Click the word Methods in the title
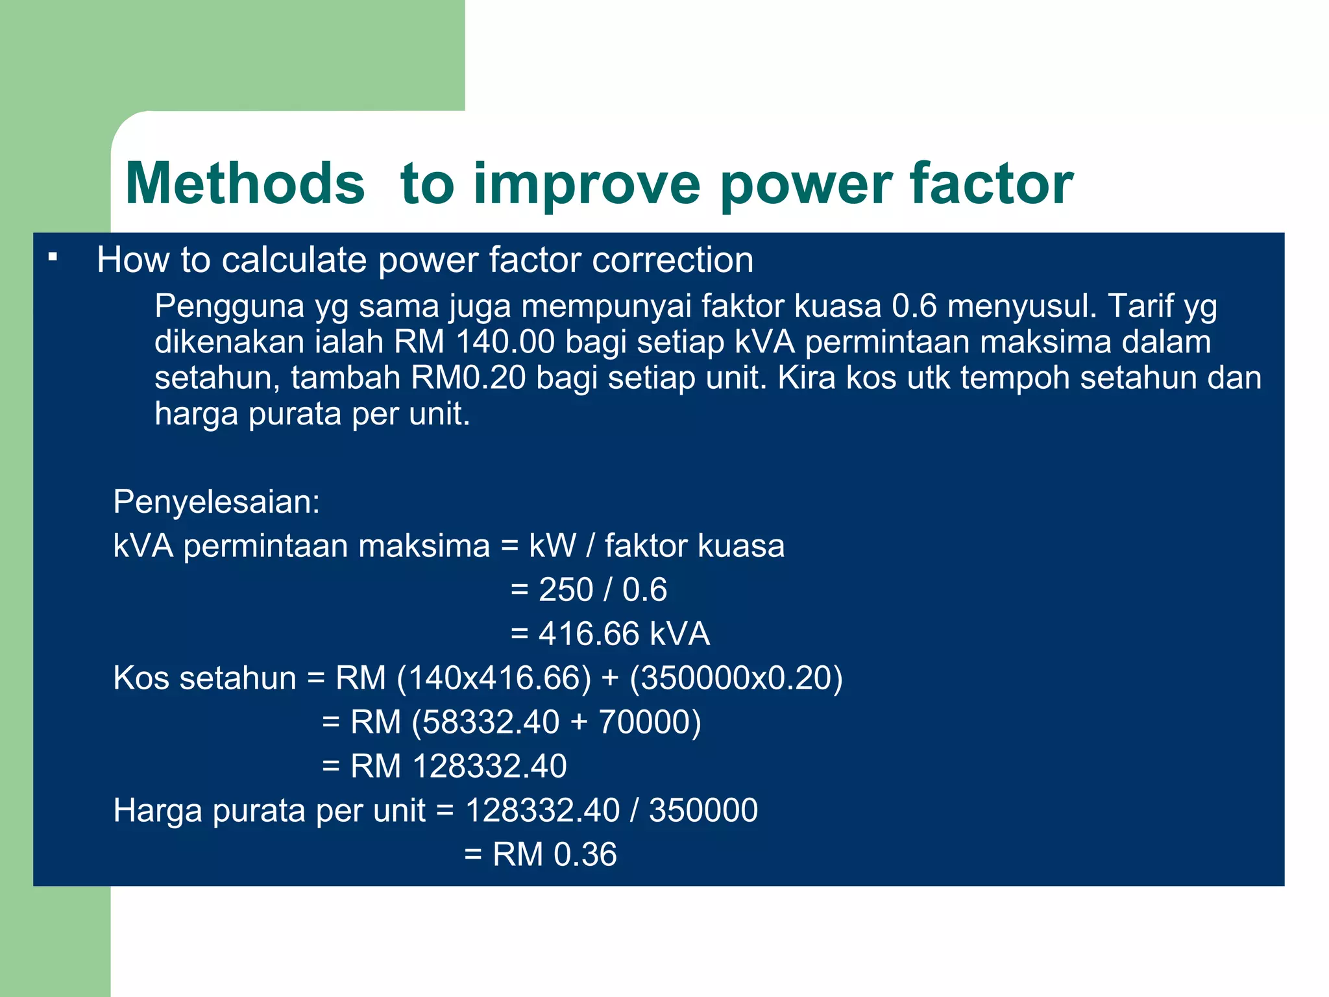pyautogui.click(x=245, y=184)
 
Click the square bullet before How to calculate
pyautogui.click(x=53, y=258)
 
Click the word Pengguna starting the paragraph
pyautogui.click(x=229, y=306)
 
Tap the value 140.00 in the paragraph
pyautogui.click(x=505, y=342)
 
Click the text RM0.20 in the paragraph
pyautogui.click(x=468, y=378)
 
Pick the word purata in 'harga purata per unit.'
pyautogui.click(x=295, y=413)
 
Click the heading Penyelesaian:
pyautogui.click(x=217, y=502)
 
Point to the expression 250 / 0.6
pyautogui.click(x=602, y=590)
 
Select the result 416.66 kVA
pyautogui.click(x=624, y=634)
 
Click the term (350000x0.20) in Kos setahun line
pyautogui.click(x=736, y=678)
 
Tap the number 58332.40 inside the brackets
pyautogui.click(x=490, y=722)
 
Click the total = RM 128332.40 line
pyautogui.click(x=445, y=767)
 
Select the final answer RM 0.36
pyautogui.click(x=554, y=855)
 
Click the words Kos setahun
pyautogui.click(x=204, y=678)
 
